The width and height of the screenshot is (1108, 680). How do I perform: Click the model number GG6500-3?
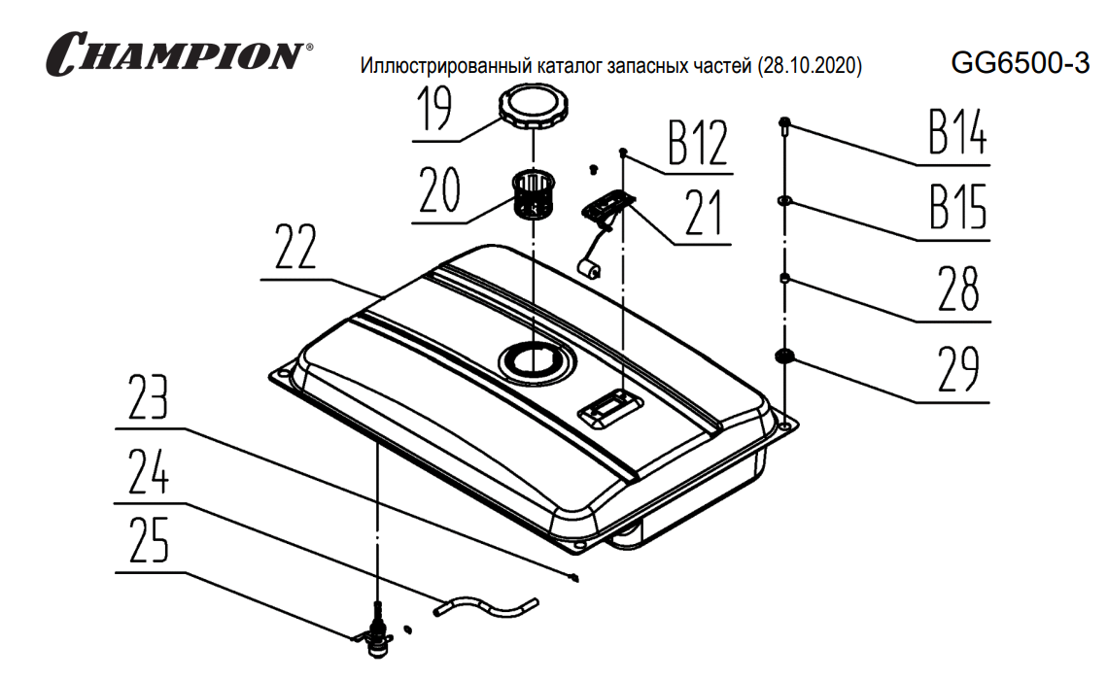(x=1020, y=64)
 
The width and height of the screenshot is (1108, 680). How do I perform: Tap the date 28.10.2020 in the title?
(x=810, y=67)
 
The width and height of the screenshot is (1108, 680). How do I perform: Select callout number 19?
(x=436, y=110)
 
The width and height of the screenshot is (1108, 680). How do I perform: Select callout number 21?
(x=704, y=215)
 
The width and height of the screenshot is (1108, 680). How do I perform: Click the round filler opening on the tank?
(x=532, y=360)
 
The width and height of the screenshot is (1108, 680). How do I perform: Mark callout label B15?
(x=957, y=205)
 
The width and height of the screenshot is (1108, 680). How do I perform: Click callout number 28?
(x=959, y=289)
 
